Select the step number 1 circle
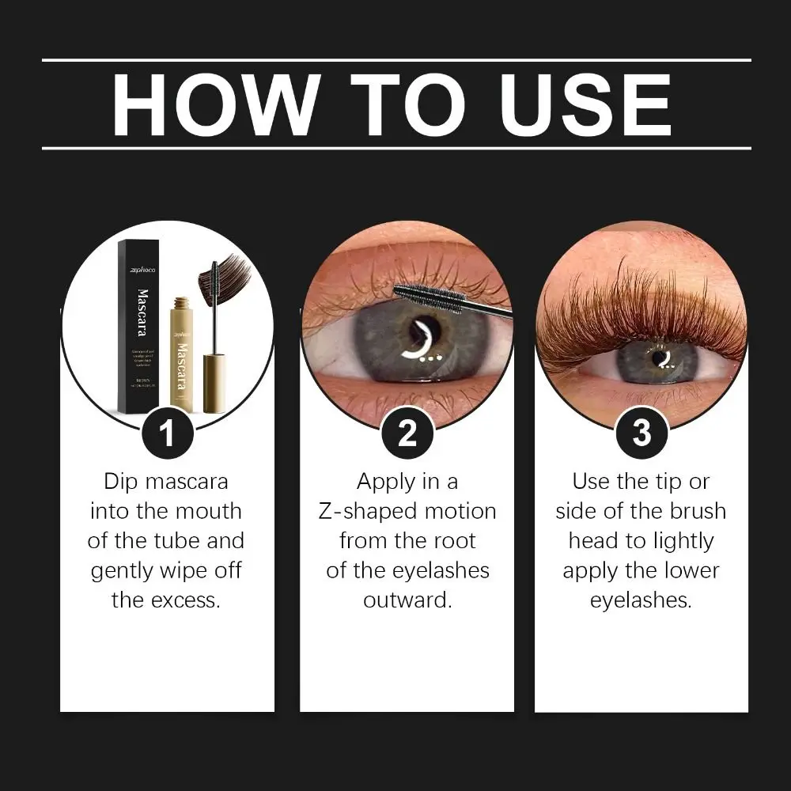pyautogui.click(x=167, y=433)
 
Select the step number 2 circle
pyautogui.click(x=407, y=433)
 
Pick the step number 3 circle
pyautogui.click(x=642, y=433)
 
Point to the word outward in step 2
pyautogui.click(x=407, y=600)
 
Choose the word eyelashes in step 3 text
pyautogui.click(x=641, y=600)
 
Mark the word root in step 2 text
pyautogui.click(x=452, y=541)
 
